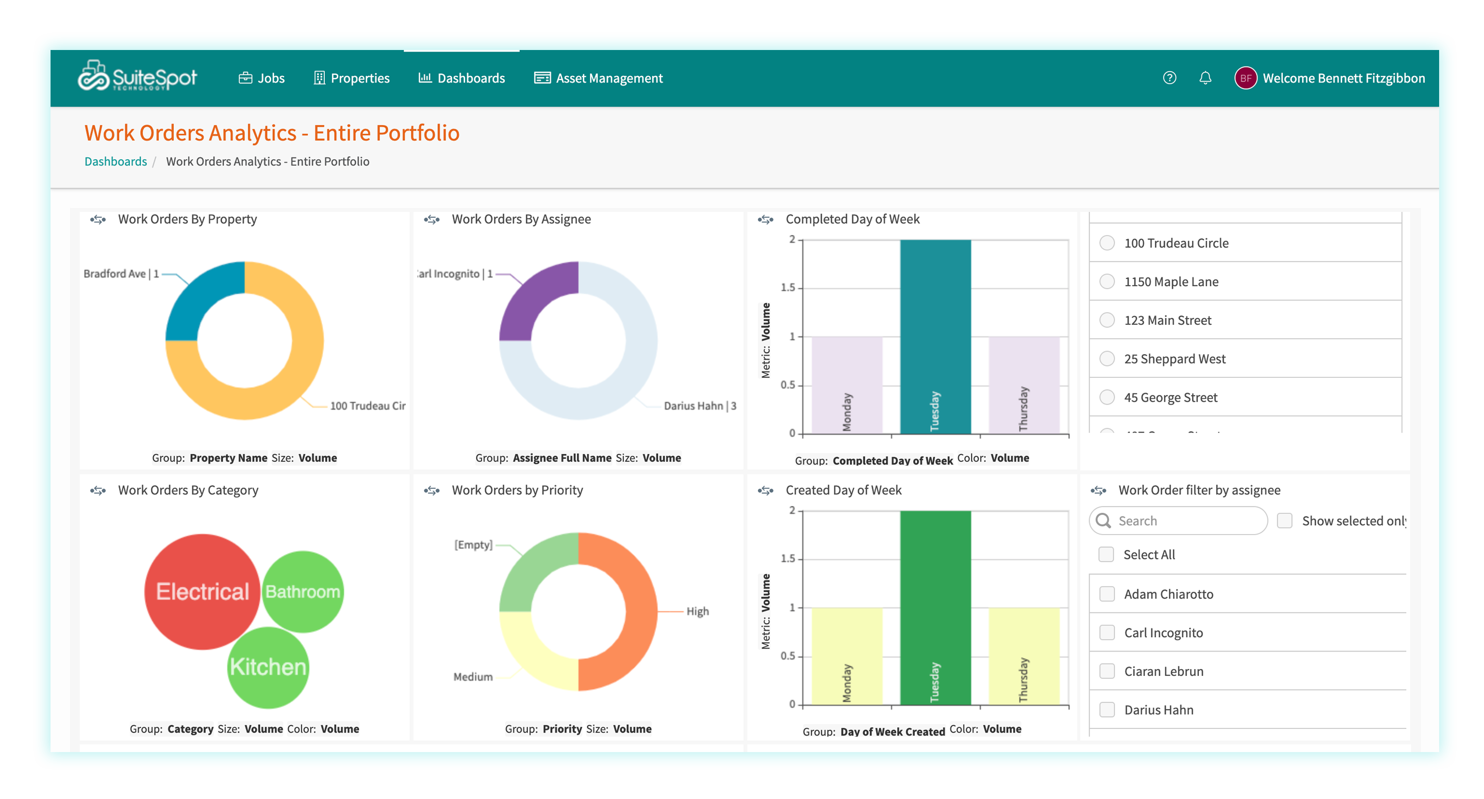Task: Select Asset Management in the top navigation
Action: pos(599,78)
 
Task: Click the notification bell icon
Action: pos(1205,78)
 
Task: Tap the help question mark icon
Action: pos(1169,78)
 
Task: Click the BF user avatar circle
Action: pos(1245,78)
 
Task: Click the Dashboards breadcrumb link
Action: pos(116,161)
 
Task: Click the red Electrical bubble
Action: pos(202,592)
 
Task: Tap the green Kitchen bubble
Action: pos(268,667)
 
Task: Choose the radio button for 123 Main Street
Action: pos(1107,320)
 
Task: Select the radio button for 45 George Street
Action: pos(1107,397)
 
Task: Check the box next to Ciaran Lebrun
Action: pos(1107,671)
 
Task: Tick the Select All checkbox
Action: pos(1106,555)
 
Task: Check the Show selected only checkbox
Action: pos(1284,521)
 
